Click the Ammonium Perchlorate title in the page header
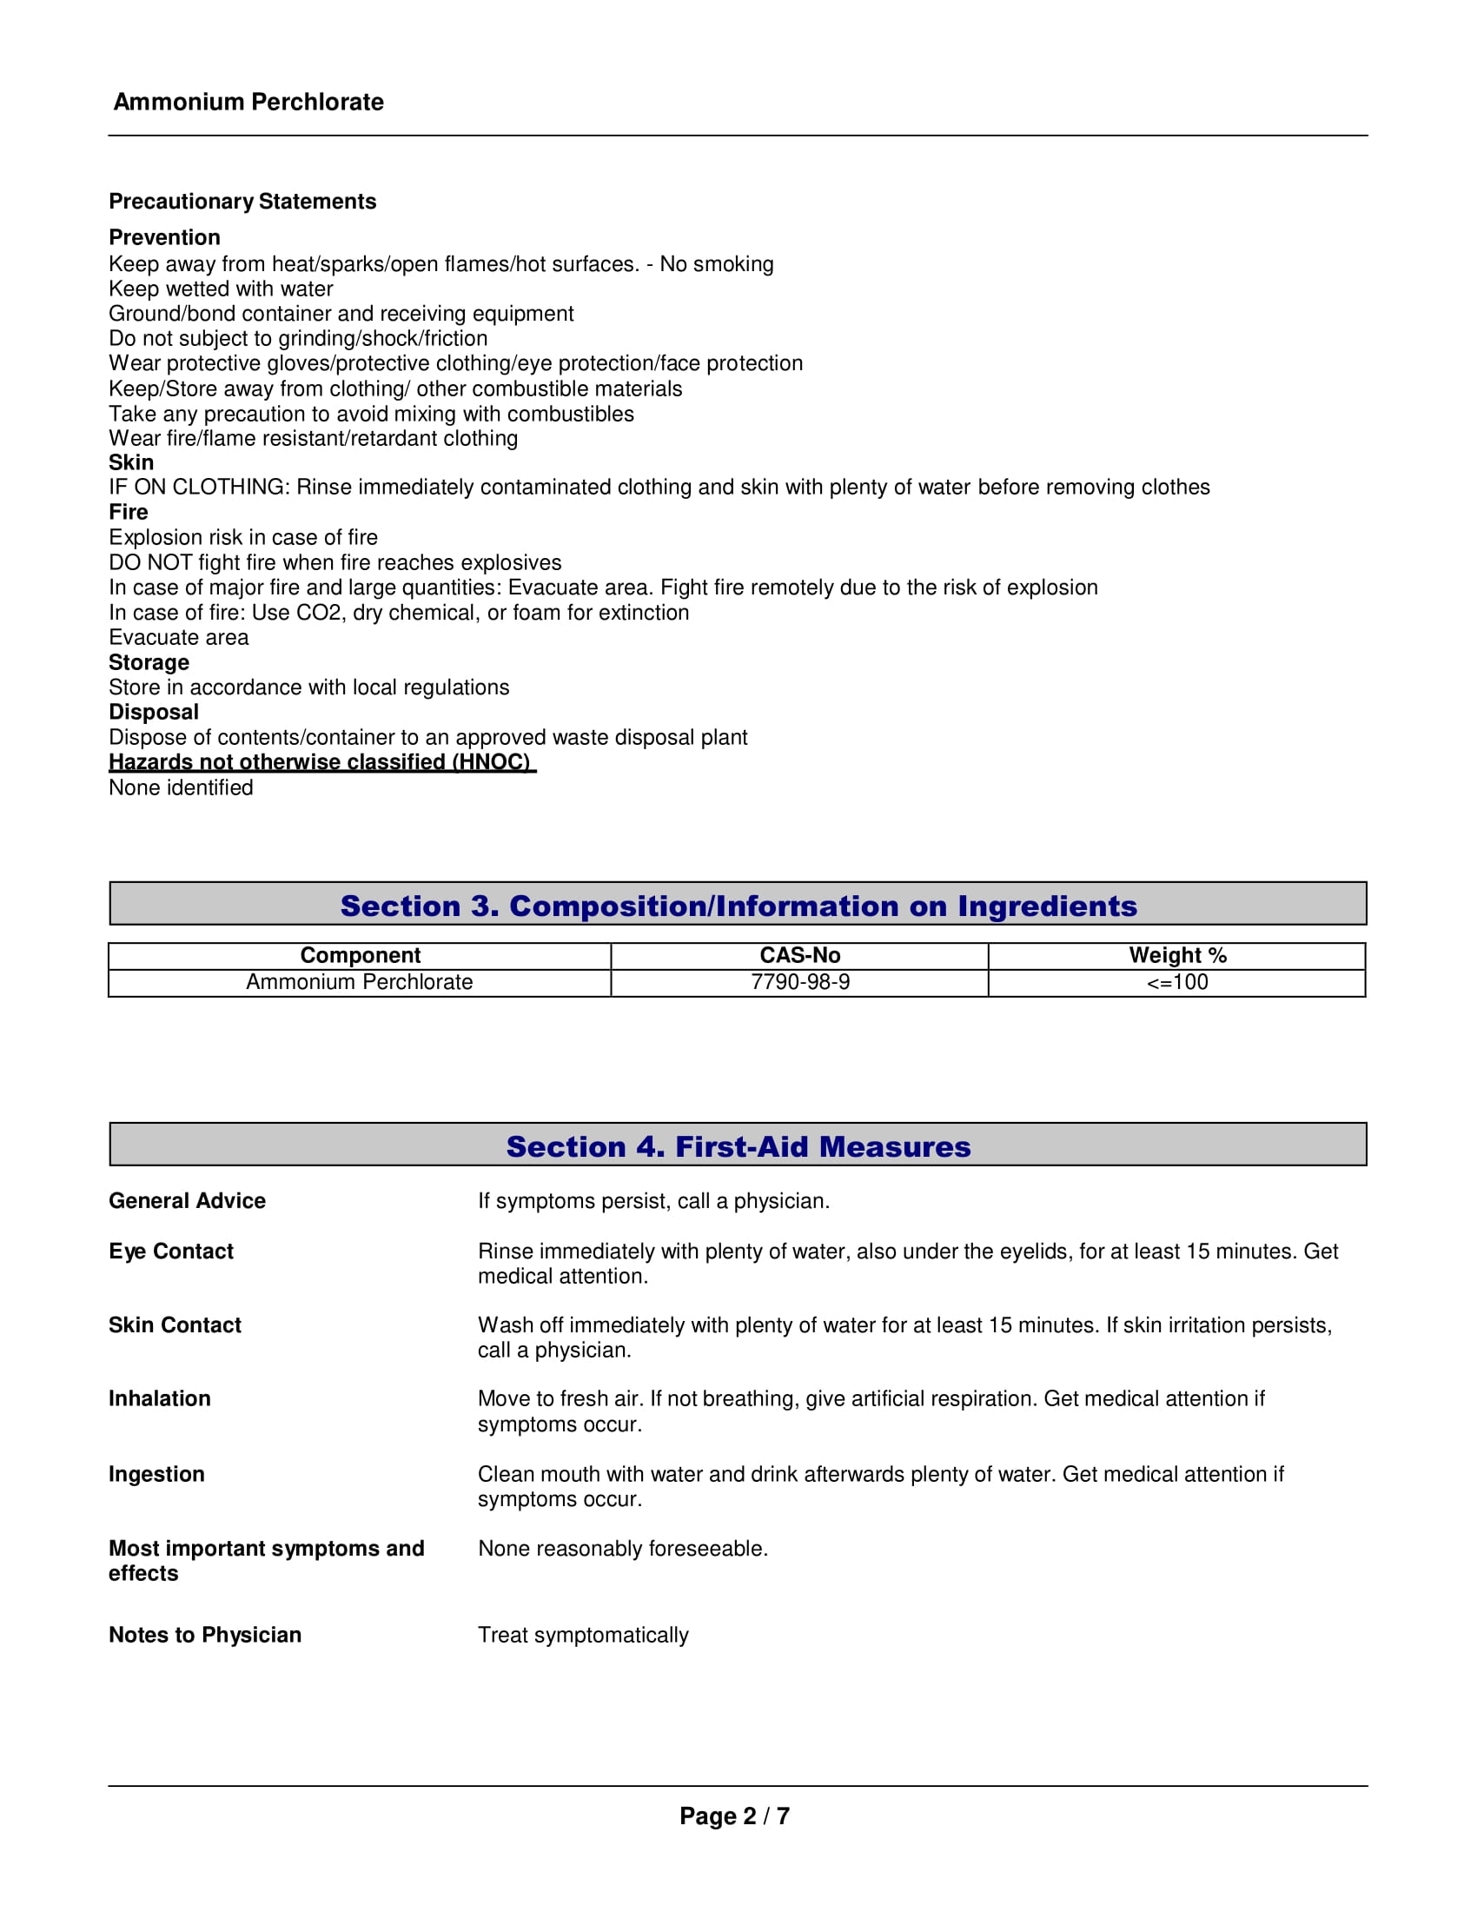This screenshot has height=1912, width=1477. [x=248, y=102]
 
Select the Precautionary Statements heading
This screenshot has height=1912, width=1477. [x=242, y=202]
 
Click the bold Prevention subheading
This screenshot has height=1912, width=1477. [x=164, y=237]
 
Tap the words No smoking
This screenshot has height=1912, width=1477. [x=717, y=263]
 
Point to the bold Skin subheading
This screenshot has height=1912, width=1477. [x=131, y=462]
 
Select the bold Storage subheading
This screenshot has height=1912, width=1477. [x=149, y=662]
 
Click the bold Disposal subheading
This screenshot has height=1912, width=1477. [x=154, y=712]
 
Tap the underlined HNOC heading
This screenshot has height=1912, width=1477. [x=321, y=761]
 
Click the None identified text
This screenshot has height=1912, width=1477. [x=181, y=787]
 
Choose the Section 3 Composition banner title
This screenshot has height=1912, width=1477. [x=738, y=906]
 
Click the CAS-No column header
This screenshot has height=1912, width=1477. [x=799, y=955]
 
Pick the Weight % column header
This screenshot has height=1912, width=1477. [x=1177, y=955]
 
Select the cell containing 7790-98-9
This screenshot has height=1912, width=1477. [x=799, y=982]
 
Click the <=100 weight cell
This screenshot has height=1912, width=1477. [x=1177, y=982]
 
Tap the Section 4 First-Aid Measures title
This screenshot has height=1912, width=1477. [x=738, y=1146]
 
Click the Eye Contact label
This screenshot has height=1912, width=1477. [x=171, y=1251]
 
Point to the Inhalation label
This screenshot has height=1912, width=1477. [x=160, y=1398]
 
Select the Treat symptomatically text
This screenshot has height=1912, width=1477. [x=584, y=1635]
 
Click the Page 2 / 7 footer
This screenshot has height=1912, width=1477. [x=735, y=1816]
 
